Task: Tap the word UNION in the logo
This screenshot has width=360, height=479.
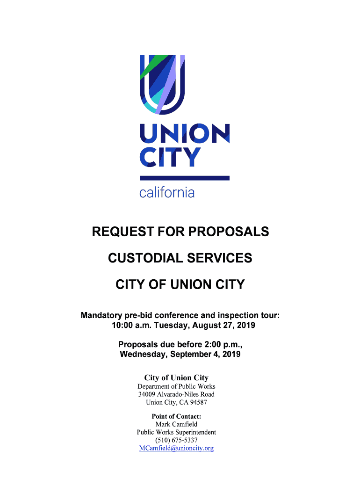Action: coord(185,135)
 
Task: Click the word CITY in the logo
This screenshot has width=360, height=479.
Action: coord(170,158)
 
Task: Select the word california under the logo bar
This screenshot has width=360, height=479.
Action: coord(167,192)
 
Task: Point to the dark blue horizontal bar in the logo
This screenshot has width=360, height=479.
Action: coord(185,178)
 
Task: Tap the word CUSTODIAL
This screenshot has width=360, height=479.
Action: coord(143,258)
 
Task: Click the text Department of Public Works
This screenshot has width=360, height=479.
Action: coord(176,386)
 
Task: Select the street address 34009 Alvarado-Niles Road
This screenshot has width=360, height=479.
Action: coord(176,394)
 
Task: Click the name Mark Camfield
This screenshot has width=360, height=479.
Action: coord(176,424)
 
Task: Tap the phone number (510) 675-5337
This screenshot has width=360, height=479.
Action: coord(176,440)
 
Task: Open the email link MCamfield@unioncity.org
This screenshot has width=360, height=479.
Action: coord(176,448)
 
